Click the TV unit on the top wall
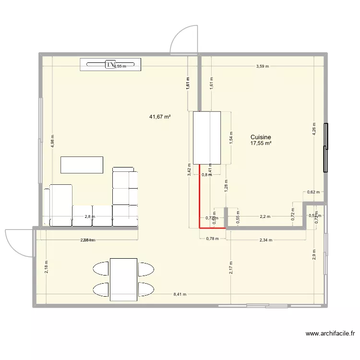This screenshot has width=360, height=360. click(x=111, y=64)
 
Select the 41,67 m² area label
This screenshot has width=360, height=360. click(x=161, y=117)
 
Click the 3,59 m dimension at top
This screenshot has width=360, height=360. click(x=263, y=66)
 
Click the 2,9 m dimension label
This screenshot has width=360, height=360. click(x=314, y=254)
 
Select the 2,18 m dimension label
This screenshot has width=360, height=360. click(x=47, y=266)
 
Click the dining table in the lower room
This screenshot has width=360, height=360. click(x=123, y=279)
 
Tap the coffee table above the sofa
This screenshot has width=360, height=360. click(x=82, y=165)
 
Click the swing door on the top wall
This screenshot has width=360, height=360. click(x=184, y=40)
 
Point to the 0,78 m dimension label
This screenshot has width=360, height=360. click(x=212, y=239)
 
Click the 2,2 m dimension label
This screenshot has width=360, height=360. click(x=265, y=216)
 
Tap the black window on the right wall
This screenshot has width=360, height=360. click(x=326, y=147)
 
